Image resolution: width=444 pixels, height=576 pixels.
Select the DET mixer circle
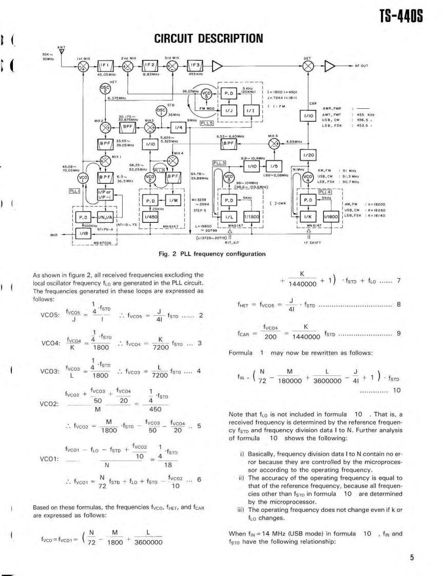point(308,66)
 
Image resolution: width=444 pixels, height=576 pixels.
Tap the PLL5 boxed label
point(206,123)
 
